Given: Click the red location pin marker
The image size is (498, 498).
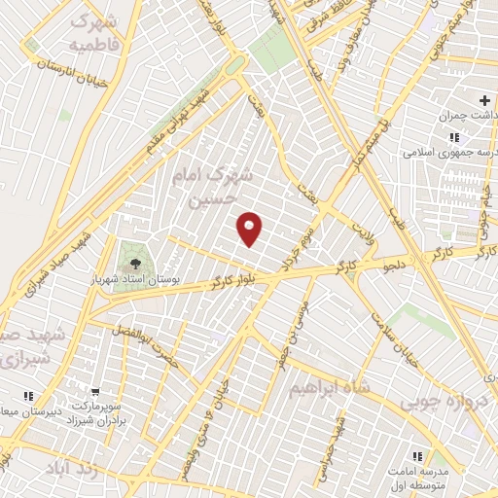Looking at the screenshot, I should click(x=251, y=229).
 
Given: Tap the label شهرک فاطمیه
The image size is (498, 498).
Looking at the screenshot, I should click(x=93, y=33).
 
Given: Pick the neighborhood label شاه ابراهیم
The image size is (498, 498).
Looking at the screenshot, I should click(x=330, y=387).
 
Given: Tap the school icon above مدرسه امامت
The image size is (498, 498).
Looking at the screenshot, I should click(x=417, y=456).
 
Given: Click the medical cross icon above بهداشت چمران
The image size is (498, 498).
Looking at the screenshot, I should click(x=484, y=100).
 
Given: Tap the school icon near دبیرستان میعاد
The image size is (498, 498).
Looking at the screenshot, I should click(x=29, y=396).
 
